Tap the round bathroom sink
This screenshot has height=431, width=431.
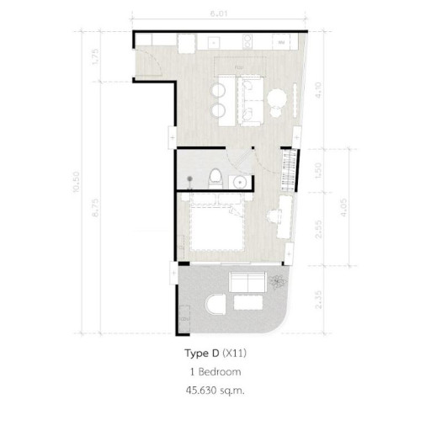click(240, 180)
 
